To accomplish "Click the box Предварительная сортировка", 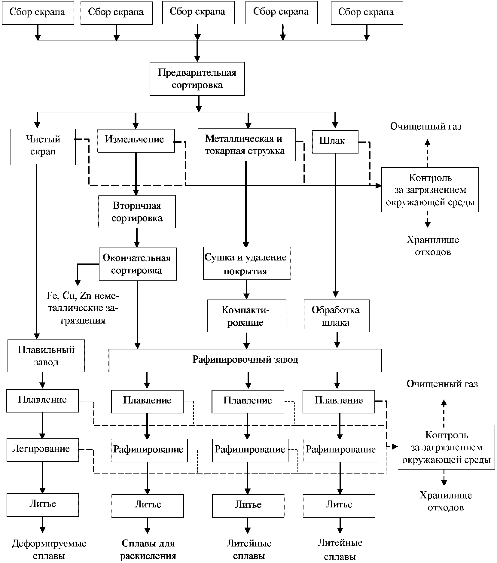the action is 197,79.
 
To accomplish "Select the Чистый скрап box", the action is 43,147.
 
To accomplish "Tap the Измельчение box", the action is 136,141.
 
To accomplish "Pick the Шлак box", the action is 335,142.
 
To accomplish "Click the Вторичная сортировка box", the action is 137,212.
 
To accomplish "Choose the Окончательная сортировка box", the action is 138,264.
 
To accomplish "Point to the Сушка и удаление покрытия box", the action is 247,263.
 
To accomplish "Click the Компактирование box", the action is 246,316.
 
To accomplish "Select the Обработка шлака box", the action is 337,316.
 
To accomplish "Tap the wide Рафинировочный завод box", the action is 245,360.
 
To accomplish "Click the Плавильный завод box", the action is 46,356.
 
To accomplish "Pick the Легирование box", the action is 43,450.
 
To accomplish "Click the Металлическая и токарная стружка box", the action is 247,145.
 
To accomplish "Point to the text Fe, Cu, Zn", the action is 69,296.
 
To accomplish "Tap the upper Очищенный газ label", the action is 426,126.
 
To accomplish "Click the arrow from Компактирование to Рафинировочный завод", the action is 247,340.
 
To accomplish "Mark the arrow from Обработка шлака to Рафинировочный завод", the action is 337,340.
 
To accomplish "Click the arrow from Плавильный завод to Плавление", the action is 42,381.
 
